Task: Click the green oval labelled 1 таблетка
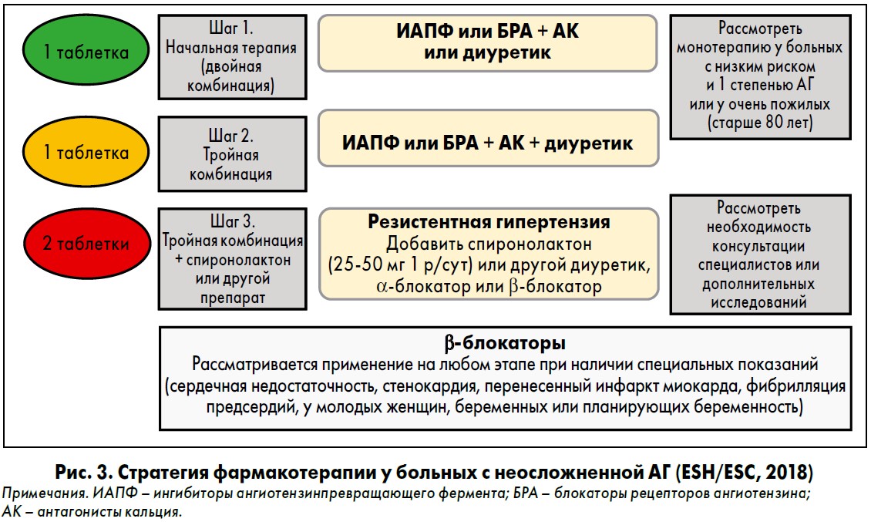86,50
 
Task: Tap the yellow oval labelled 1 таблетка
86,151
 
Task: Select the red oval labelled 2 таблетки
86,243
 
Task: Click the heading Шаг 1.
231,28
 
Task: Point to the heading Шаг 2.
231,135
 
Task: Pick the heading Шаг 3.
233,221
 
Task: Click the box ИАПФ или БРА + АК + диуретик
488,138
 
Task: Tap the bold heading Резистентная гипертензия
489,222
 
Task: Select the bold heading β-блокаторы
505,343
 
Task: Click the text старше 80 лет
760,123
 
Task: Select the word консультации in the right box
758,246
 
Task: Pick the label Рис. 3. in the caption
84,473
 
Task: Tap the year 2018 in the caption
786,473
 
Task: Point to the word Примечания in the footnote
44,493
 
